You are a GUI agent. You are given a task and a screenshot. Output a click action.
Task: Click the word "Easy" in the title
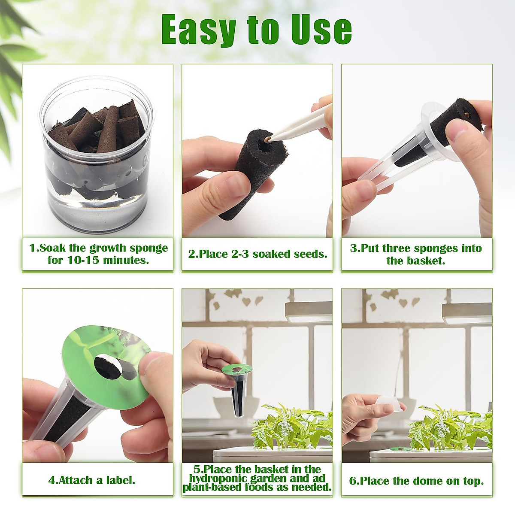coord(199,30)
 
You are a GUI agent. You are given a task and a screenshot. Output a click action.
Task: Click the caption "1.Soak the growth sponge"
coord(98,248)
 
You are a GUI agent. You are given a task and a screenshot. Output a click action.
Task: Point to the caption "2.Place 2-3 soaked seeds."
coord(257,254)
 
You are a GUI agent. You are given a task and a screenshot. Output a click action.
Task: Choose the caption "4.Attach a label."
coord(92,480)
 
